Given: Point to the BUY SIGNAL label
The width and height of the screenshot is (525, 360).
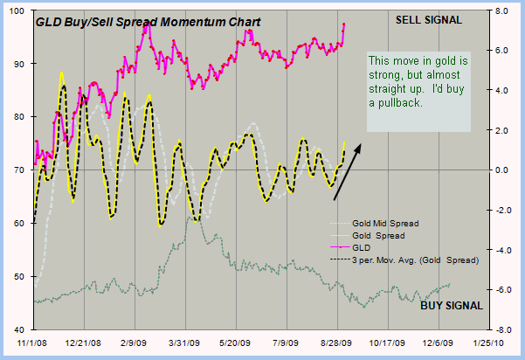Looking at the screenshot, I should tap(451, 305).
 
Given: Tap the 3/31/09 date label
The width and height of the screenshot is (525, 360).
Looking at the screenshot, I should tap(185, 344).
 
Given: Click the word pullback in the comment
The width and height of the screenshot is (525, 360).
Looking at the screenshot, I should tap(402, 103).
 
